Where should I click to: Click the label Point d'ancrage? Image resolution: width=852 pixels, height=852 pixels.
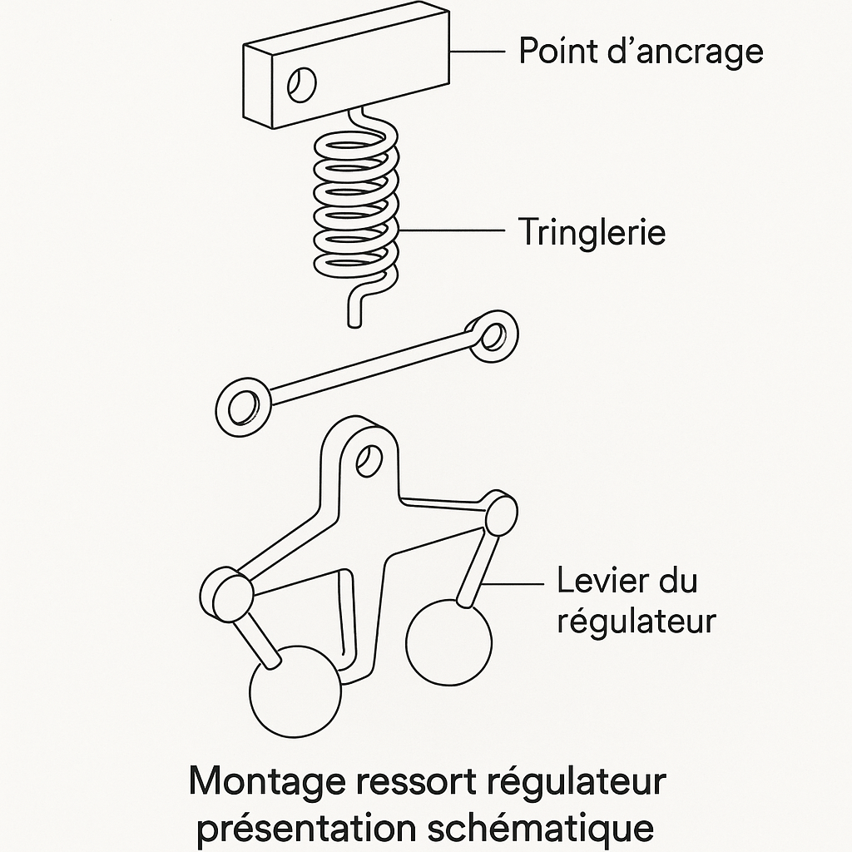(x=640, y=52)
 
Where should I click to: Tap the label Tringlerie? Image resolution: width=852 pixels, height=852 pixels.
(x=592, y=231)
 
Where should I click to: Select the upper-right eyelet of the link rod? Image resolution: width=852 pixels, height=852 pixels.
(x=493, y=336)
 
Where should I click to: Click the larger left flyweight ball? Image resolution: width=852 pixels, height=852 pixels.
(x=295, y=691)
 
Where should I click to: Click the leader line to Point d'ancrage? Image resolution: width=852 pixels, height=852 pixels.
(x=478, y=52)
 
